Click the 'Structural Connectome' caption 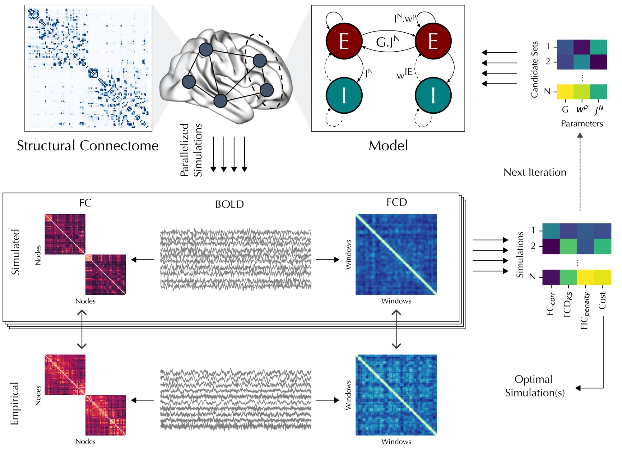coord(88,146)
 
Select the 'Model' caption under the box coord(388,146)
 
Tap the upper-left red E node coord(344,41)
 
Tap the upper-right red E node coord(433,41)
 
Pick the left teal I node coord(344,95)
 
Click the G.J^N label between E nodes coord(388,42)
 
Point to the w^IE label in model coord(405,73)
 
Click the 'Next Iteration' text coord(535,172)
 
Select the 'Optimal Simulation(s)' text coord(535,386)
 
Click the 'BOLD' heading coord(229,204)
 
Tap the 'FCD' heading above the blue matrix coord(397,202)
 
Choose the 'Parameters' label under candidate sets coord(582,124)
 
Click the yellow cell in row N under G coord(565,92)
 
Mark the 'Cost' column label coord(602,301)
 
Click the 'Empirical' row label coord(15,403)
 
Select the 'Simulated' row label coord(15,252)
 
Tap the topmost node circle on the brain coord(206,50)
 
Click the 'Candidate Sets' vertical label coord(534,69)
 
